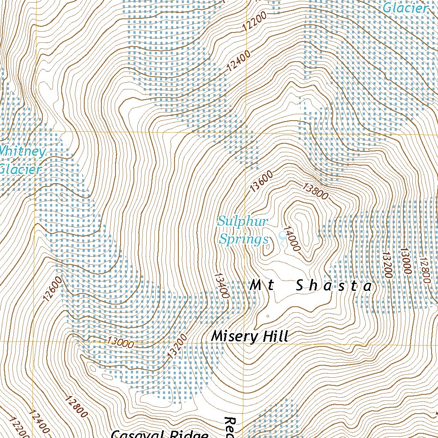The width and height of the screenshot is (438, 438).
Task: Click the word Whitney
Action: tap(22, 152)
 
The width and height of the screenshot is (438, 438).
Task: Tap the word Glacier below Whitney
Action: tap(20, 169)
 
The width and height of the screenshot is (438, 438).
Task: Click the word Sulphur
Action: tap(242, 222)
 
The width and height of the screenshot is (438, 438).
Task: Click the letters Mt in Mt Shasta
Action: tap(262, 286)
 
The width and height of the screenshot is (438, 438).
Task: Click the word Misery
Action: tap(235, 337)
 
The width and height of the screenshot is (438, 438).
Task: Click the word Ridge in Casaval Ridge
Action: tap(184, 435)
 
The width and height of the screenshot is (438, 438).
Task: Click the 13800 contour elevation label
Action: tap(316, 191)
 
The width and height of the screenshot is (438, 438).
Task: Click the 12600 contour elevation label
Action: tap(53, 290)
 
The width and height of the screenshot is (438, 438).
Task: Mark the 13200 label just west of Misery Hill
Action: tap(178, 346)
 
